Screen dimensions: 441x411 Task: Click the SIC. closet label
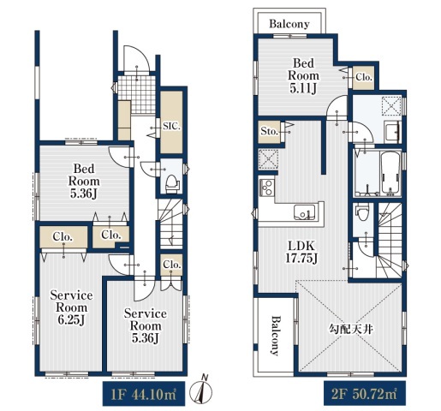click(x=172, y=126)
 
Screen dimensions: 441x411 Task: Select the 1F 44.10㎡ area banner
click(x=144, y=394)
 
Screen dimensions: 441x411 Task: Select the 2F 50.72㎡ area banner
click(x=365, y=393)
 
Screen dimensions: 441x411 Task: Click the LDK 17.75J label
click(x=301, y=252)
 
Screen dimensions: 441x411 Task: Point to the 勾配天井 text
click(x=351, y=330)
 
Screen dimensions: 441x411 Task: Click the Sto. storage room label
click(x=269, y=132)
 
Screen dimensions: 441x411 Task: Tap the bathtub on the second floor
click(x=390, y=174)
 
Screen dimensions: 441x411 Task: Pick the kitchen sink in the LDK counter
click(x=305, y=212)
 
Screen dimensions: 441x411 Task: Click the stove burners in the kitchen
click(x=267, y=188)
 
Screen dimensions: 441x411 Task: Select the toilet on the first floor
click(x=172, y=184)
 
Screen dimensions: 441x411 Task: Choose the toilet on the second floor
click(x=362, y=212)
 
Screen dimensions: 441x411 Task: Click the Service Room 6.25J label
click(x=71, y=307)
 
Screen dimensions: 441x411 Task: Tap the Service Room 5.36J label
click(x=146, y=326)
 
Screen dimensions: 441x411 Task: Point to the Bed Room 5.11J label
click(x=303, y=75)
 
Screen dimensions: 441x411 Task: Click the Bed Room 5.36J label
click(x=84, y=182)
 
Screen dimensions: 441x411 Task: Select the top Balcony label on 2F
click(x=289, y=24)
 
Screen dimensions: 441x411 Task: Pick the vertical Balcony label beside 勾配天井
click(x=275, y=335)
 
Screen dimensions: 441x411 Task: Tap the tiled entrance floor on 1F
click(x=138, y=94)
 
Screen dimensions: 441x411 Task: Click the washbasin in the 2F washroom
click(x=393, y=132)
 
